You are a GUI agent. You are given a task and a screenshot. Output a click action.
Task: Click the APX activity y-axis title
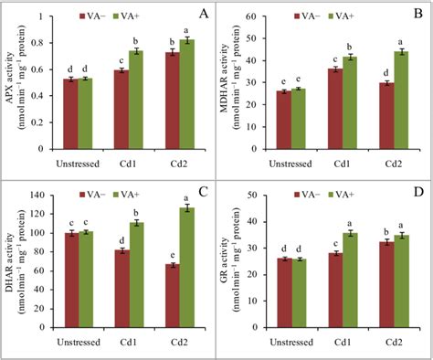point(14,79)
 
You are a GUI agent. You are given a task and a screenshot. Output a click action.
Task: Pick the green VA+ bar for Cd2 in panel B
point(401,101)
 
